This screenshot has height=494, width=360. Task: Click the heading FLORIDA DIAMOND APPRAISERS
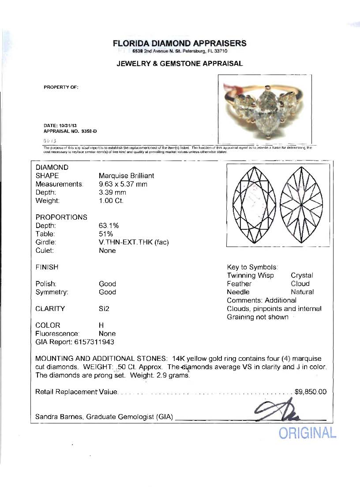point(180,43)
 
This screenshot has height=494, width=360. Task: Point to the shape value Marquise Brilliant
point(126,176)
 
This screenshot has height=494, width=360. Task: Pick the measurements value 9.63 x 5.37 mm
point(123,184)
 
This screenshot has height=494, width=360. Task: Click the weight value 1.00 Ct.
point(112,201)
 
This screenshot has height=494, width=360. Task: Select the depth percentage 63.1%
point(109,225)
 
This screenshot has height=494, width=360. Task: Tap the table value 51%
point(105,234)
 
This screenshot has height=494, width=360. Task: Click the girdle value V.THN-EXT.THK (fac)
point(134,242)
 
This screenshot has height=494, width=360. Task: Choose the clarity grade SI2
point(104,309)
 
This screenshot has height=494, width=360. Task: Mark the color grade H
point(101,325)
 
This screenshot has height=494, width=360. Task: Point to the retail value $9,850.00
point(310,392)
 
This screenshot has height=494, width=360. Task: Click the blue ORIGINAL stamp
point(307,433)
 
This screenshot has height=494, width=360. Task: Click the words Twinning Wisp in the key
point(250,275)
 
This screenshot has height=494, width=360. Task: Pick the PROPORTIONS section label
point(61,217)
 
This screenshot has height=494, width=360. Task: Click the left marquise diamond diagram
point(255,206)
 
